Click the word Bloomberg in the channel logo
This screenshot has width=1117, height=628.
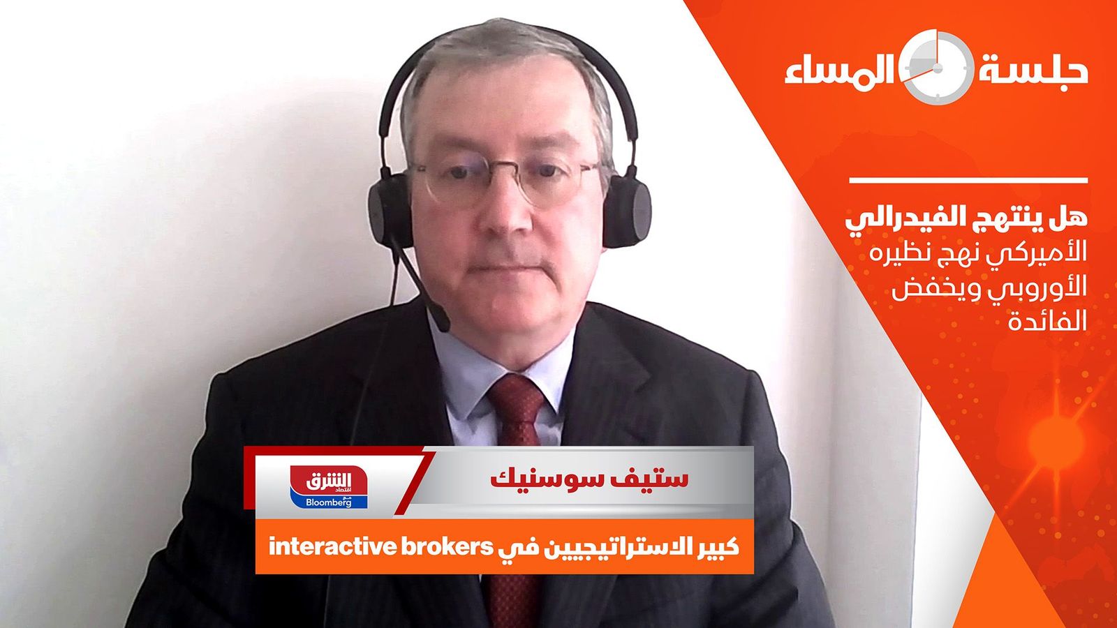[x=329, y=502]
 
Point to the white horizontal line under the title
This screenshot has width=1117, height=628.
[x=968, y=181]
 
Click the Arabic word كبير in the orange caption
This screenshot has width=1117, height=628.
[x=716, y=547]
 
